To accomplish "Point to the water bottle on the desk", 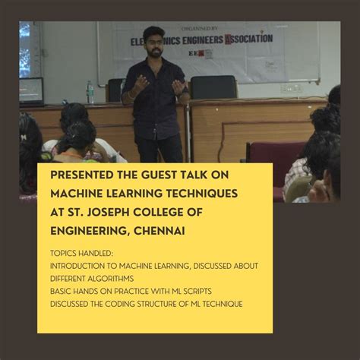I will pos(90,92).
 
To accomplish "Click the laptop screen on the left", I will pos(32,90).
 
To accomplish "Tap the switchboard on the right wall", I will pos(291,87).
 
